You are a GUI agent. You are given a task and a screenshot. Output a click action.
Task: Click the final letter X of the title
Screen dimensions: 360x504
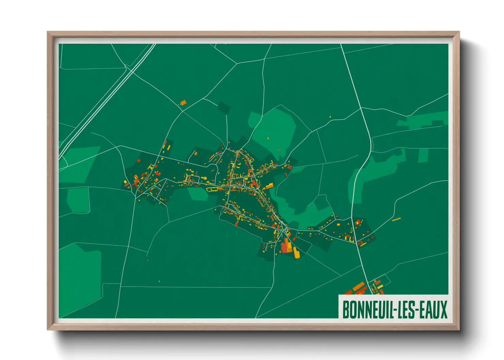[x=443, y=310]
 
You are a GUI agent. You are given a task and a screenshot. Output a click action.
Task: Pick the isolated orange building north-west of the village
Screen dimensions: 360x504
[x=183, y=102]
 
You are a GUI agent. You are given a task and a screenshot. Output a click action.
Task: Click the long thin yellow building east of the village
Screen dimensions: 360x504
[x=396, y=219]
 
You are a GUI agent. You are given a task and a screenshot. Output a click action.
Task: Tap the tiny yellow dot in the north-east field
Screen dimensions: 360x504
[x=330, y=117]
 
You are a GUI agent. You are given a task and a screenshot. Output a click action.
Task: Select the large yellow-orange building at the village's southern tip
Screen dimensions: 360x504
[x=296, y=253]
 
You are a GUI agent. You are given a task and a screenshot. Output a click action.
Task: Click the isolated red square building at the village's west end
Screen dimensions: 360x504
[x=139, y=160]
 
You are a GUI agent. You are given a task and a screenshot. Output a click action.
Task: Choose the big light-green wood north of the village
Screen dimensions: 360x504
[x=275, y=129]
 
